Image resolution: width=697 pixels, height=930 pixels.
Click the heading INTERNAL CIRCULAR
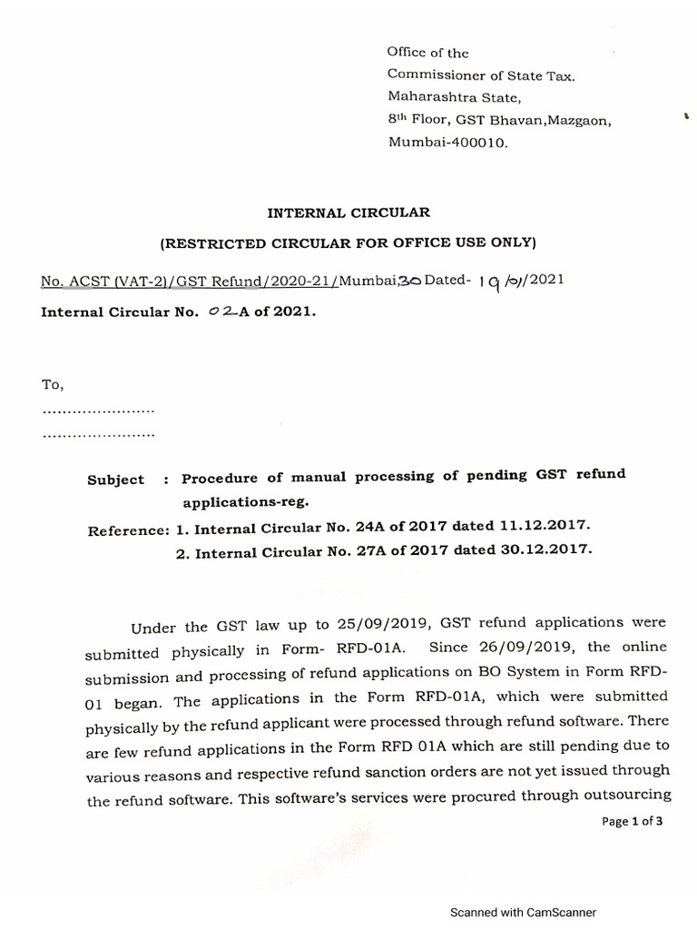[x=348, y=213]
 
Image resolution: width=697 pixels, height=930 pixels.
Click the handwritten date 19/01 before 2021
[x=507, y=282]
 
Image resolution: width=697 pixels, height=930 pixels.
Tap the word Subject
[x=115, y=480]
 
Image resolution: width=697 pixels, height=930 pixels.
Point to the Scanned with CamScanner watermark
[x=524, y=913]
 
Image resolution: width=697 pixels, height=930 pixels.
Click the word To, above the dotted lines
[x=53, y=385]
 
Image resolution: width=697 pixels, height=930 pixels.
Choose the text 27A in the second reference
[x=354, y=551]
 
